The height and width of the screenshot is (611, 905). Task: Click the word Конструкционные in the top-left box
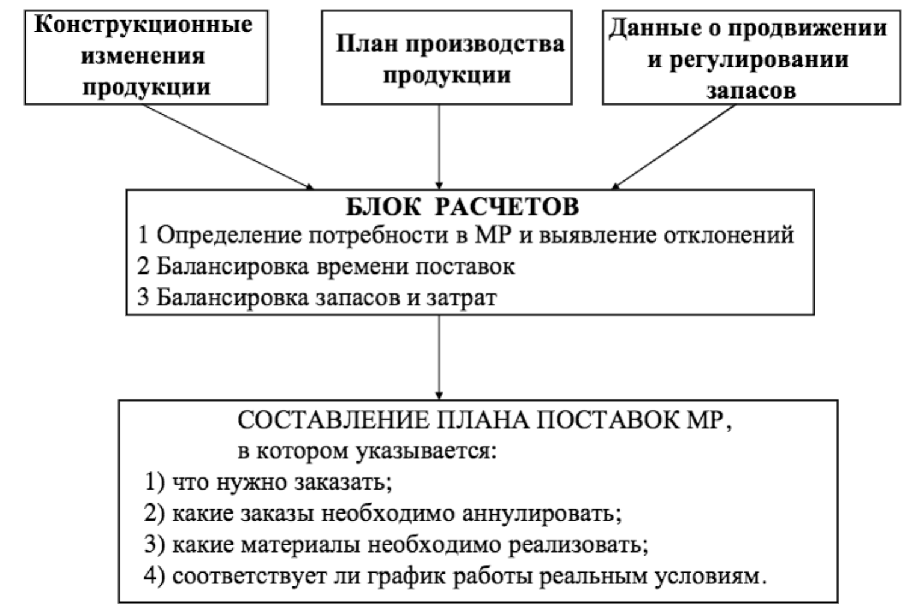(143, 26)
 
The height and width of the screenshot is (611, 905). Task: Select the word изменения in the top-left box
(143, 56)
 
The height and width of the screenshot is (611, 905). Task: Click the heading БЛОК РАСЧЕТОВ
(463, 207)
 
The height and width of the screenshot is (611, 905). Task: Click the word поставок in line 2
(465, 267)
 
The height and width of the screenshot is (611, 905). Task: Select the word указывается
(427, 452)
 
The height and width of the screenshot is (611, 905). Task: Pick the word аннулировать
(542, 514)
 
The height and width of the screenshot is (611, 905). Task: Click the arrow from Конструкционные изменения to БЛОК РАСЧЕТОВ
(228, 147)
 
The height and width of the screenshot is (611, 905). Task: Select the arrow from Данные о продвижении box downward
(673, 147)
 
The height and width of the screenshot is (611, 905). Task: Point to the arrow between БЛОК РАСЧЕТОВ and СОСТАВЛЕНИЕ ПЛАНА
(439, 357)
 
